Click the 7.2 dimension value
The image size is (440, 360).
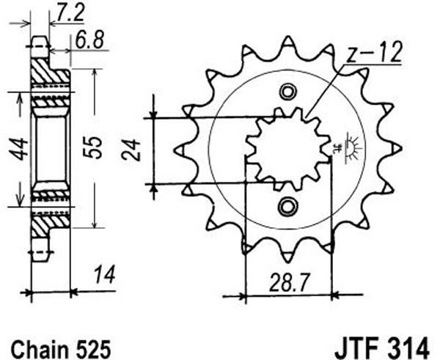point(70,12)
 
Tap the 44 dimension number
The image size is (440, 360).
point(21,149)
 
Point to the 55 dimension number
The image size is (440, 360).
point(95,147)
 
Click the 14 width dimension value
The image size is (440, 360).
point(104,275)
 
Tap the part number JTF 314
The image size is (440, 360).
point(381,348)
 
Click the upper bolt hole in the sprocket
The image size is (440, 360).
point(288,92)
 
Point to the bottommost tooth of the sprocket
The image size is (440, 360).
point(288,257)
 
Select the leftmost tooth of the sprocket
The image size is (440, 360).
point(181,150)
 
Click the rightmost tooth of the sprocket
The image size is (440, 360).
point(396,149)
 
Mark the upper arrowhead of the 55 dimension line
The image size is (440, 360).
point(95,72)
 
